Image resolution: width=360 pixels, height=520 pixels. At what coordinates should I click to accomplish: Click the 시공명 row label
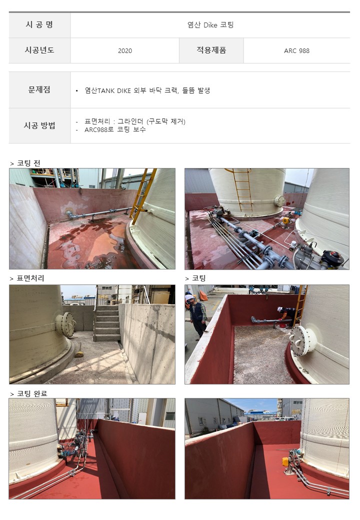click(39, 25)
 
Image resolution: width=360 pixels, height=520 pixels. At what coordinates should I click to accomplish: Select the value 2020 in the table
click(125, 50)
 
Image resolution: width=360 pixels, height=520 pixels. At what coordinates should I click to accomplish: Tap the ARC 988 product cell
click(296, 50)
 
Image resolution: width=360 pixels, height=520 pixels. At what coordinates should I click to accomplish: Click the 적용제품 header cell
click(211, 50)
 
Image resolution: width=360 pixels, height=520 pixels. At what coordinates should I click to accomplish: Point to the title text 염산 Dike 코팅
click(210, 25)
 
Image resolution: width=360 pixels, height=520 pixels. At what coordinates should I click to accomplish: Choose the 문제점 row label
click(39, 89)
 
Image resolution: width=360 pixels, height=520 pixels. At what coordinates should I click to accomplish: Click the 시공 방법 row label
click(39, 125)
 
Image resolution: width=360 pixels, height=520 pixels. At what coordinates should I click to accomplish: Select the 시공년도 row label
click(39, 50)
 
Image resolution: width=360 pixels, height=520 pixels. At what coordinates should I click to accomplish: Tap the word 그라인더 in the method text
click(130, 121)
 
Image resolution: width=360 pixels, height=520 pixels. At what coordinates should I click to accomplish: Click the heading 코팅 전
click(28, 163)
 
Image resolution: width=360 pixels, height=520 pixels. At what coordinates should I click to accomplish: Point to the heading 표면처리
click(30, 278)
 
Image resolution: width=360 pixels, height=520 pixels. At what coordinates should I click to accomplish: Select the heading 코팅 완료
click(32, 393)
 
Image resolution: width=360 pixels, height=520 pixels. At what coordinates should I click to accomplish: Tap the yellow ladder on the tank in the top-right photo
click(242, 189)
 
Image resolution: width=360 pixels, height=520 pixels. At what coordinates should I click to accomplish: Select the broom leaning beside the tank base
click(79, 350)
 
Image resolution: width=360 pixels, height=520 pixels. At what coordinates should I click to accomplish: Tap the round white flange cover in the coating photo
click(302, 340)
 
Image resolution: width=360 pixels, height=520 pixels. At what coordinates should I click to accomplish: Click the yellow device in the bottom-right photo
click(285, 461)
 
